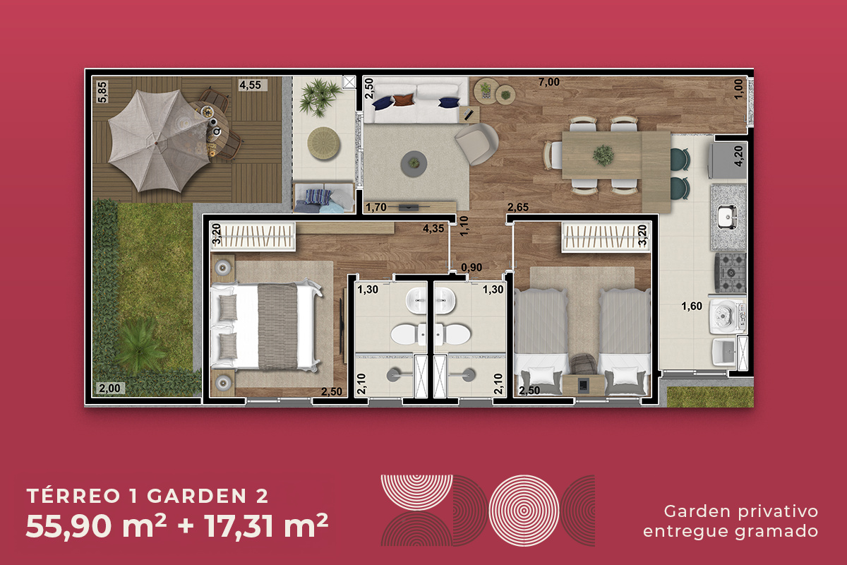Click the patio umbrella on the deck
[x=159, y=141]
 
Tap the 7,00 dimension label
[x=548, y=82]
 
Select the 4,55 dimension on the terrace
[x=250, y=85]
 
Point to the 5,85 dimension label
[x=102, y=92]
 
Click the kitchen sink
[x=726, y=217]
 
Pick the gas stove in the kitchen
[x=730, y=273]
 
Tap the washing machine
[x=728, y=316]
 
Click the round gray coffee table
[x=414, y=163]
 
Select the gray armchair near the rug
[x=476, y=144]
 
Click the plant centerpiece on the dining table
[x=603, y=155]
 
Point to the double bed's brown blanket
[x=277, y=326]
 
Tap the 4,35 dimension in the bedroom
[x=433, y=228]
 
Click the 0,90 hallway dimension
[x=471, y=268]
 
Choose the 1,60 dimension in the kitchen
[x=692, y=306]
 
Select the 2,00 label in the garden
[x=109, y=388]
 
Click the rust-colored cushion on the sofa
[x=404, y=100]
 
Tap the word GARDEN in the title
[x=197, y=496]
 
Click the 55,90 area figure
[x=68, y=526]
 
